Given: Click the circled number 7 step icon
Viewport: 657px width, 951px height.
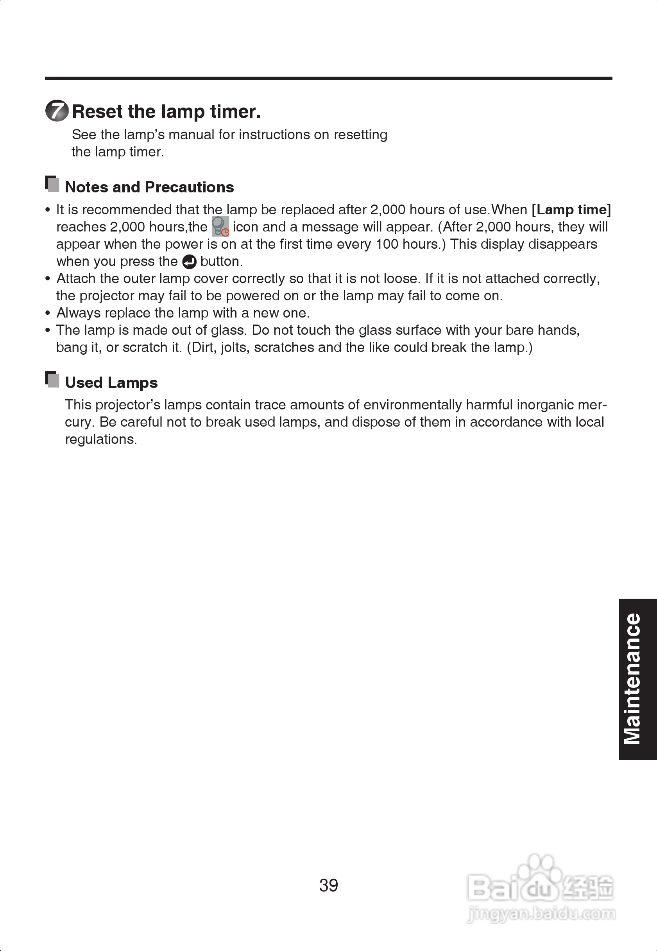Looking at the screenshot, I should click(x=57, y=111).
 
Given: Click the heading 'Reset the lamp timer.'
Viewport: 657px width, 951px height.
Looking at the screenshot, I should click(x=166, y=111).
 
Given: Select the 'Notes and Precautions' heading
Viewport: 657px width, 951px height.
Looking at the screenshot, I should click(x=149, y=187).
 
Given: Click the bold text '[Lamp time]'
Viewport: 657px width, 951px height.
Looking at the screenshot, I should click(x=571, y=210).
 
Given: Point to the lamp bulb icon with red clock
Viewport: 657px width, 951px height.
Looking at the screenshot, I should click(x=220, y=226).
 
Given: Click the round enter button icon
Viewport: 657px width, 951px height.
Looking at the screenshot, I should click(x=189, y=262).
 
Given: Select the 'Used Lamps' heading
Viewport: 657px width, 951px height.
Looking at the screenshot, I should click(x=111, y=382).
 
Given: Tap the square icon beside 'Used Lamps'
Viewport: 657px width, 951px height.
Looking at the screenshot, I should click(x=52, y=379).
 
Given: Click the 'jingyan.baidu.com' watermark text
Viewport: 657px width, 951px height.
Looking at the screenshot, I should click(x=541, y=914).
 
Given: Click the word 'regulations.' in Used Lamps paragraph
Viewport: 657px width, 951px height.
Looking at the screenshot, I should click(x=101, y=439).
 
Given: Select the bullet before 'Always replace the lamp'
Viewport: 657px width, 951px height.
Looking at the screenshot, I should click(x=48, y=313).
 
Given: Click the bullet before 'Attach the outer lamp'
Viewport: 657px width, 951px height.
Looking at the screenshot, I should click(x=48, y=279).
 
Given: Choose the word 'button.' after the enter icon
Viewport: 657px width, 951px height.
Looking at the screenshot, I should click(x=222, y=262).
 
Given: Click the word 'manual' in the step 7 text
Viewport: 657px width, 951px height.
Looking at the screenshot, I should click(x=192, y=135).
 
